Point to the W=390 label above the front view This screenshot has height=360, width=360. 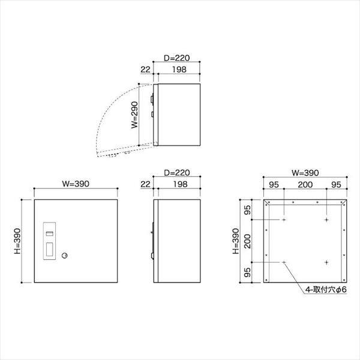(76, 184)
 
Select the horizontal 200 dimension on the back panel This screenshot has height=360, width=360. (305, 184)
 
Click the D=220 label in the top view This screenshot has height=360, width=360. (177, 58)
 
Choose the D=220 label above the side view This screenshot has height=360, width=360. (177, 173)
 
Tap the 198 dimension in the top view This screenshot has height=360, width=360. (177, 70)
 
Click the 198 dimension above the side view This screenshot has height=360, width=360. (177, 184)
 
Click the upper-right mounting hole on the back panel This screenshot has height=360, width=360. (326, 220)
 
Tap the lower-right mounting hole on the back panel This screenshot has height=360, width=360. (326, 262)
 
